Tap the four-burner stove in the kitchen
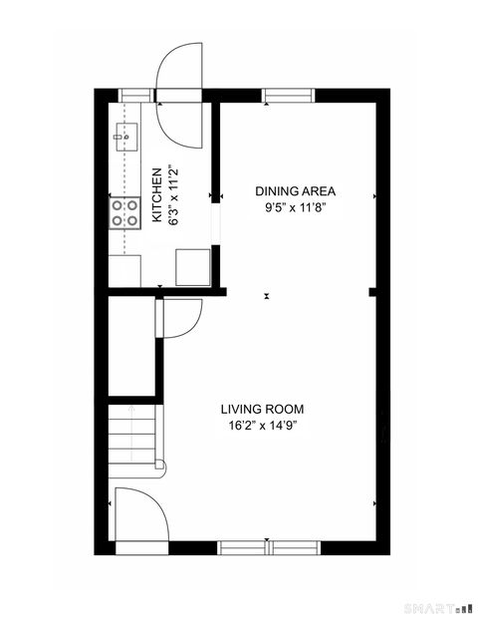click(125, 211)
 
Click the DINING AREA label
click(296, 190)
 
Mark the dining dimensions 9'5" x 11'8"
click(296, 207)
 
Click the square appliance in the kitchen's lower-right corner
click(192, 267)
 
